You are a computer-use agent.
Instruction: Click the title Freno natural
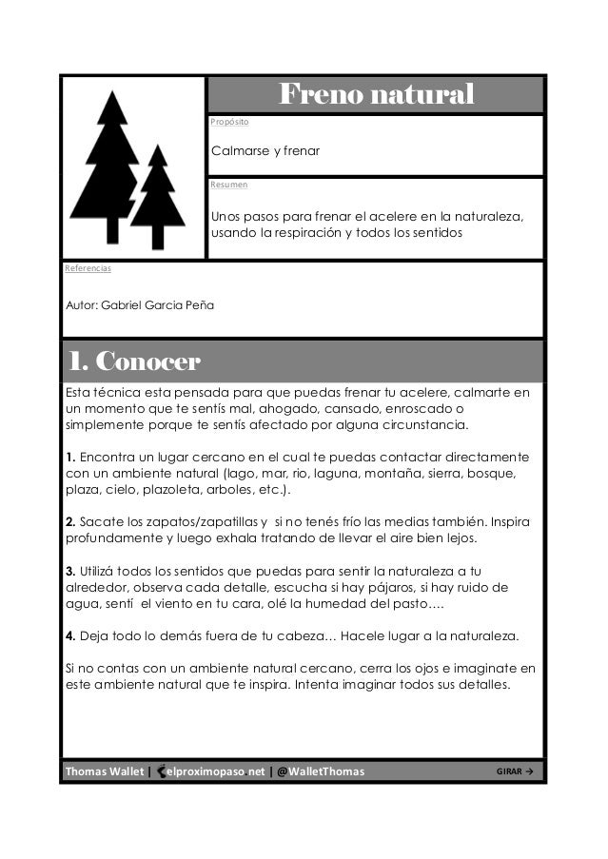[375, 95]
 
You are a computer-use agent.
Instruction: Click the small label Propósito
[229, 123]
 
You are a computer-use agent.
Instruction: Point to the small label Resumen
[228, 185]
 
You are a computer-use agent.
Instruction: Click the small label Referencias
[88, 268]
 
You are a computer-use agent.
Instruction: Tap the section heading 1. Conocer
[132, 362]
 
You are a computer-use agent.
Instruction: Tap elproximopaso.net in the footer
[214, 771]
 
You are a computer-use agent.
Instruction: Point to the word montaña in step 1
[412, 472]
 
